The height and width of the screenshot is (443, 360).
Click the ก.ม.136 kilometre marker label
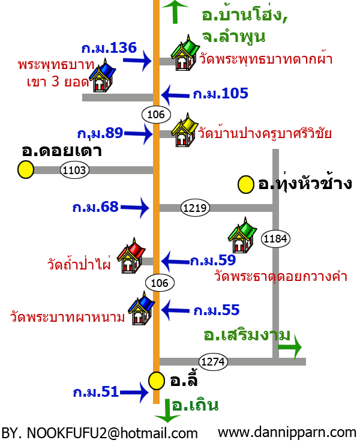(109, 48)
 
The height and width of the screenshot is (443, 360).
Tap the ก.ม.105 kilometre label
(220, 94)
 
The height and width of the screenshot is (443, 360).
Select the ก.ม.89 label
(100, 133)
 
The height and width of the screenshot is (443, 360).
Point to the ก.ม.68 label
(95, 207)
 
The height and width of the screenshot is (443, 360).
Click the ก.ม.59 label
(212, 261)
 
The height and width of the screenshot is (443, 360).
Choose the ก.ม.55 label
(216, 310)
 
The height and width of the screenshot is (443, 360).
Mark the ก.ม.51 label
(96, 392)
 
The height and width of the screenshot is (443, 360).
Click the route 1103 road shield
(75, 170)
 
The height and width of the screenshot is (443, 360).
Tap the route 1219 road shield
(195, 208)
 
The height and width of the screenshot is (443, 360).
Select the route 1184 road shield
(276, 240)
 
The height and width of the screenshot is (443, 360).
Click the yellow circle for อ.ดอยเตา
(26, 170)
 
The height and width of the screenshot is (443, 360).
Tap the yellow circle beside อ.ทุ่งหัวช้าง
(246, 184)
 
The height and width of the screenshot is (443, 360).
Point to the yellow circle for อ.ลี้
(157, 381)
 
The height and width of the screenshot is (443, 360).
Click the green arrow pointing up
(175, 11)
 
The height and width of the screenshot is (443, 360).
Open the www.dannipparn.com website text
(287, 432)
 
